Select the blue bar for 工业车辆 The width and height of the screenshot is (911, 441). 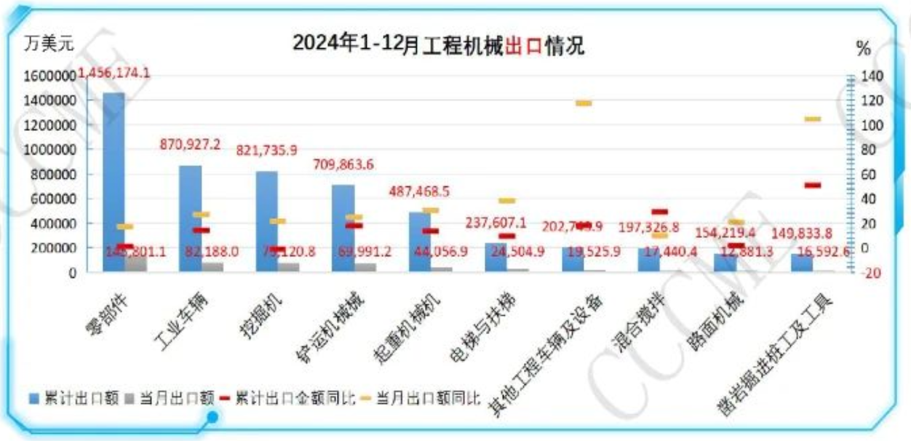pos(191,218)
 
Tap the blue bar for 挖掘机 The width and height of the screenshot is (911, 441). pos(267,218)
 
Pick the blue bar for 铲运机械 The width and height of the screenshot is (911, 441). pos(343,226)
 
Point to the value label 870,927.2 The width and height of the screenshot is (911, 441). pos(190,145)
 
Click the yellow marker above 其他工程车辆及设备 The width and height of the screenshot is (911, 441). pos(584,103)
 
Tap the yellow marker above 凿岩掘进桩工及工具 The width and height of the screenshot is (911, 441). pos(813,119)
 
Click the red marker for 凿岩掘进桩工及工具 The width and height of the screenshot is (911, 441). pos(813,186)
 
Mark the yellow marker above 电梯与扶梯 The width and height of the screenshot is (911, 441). pos(507,200)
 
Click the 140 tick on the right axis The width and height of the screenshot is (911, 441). pos(871,76)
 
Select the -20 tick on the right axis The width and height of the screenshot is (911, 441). pos(871,273)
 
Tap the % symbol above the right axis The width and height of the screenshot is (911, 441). pos(864,49)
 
